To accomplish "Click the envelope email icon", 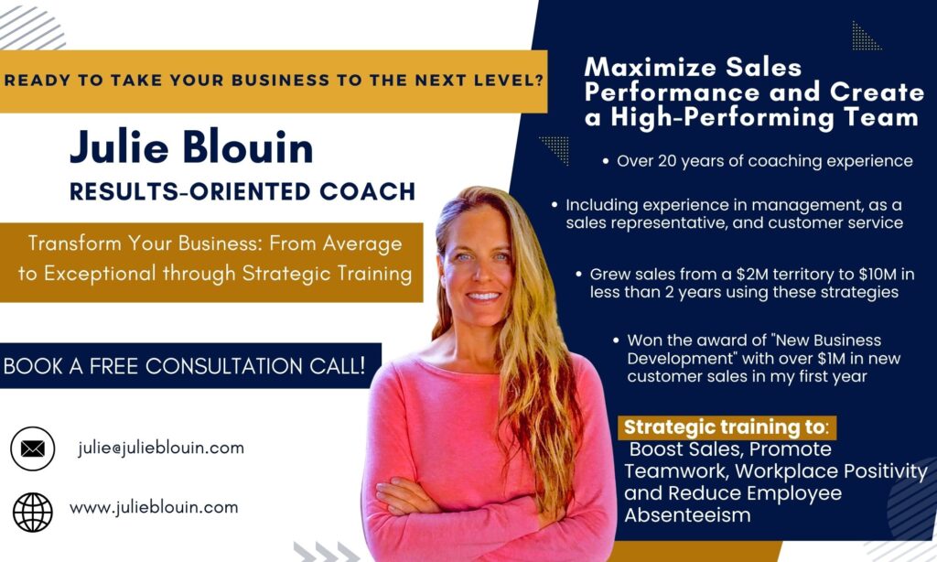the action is pyautogui.click(x=32, y=449).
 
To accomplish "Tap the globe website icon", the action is pyautogui.click(x=33, y=512).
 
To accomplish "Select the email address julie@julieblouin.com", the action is pyautogui.click(x=161, y=448).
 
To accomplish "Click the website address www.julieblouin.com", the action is pyautogui.click(x=154, y=508).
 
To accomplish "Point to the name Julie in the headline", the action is pyautogui.click(x=120, y=147).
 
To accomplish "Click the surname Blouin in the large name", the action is pyautogui.click(x=248, y=147).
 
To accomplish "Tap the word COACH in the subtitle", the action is pyautogui.click(x=368, y=192).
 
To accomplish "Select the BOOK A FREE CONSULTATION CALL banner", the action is pyautogui.click(x=190, y=365).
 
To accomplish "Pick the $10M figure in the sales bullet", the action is pyautogui.click(x=878, y=275).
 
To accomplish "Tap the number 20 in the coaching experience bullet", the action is pyautogui.click(x=667, y=161).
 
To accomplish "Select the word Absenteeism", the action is pyautogui.click(x=687, y=514).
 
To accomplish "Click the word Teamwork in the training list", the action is pyautogui.click(x=676, y=471).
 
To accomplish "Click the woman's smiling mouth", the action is pyautogui.click(x=483, y=296).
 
